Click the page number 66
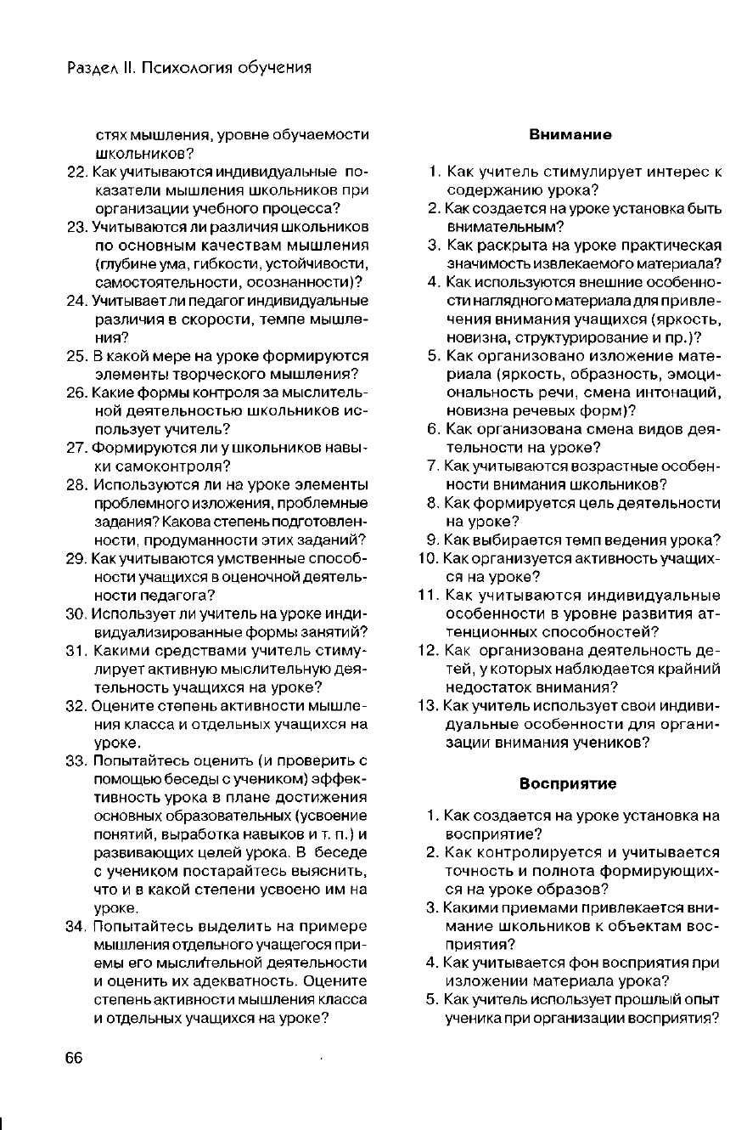pos(74,1057)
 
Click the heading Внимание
pos(570,135)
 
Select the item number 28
pos(76,484)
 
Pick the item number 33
pos(76,760)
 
